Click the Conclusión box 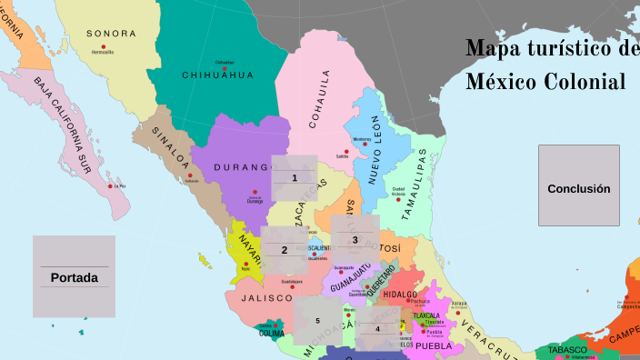pos(578,186)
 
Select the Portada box pos(74,276)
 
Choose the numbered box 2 pos(284,249)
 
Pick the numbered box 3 pos(355,238)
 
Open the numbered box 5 pos(318,320)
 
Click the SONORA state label pos(111,34)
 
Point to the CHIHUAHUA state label pos(218,75)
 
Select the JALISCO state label pos(267,297)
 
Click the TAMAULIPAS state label pos(421,182)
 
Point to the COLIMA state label pos(271,333)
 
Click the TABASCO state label pos(566,349)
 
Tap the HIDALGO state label pos(400,295)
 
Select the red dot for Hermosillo pos(103,46)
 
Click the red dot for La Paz pos(111,185)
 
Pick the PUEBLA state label pos(434,345)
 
